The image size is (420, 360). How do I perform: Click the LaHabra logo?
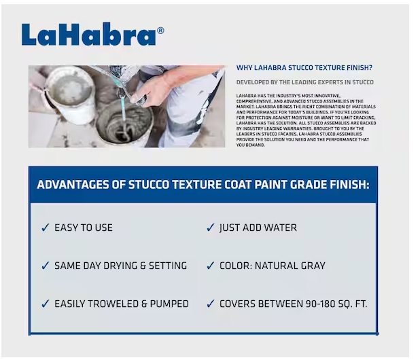pyautogui.click(x=88, y=35)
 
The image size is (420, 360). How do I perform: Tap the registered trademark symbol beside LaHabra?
pyautogui.click(x=160, y=30)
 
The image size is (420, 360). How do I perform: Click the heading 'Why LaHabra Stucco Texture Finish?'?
pyautogui.click(x=304, y=68)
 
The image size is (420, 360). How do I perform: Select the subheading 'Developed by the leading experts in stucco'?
pyautogui.click(x=304, y=82)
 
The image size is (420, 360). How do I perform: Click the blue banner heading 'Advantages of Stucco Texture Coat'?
pyautogui.click(x=203, y=185)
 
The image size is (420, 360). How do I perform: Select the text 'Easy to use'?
pyautogui.click(x=84, y=228)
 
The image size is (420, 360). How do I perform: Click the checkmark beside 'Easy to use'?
pyautogui.click(x=45, y=228)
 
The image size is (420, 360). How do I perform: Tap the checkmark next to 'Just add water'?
pyautogui.click(x=210, y=228)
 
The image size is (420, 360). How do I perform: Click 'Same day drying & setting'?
pyautogui.click(x=120, y=266)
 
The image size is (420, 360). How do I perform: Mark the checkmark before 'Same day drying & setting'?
pyautogui.click(x=45, y=266)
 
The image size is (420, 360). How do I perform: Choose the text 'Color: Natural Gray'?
pyautogui.click(x=272, y=266)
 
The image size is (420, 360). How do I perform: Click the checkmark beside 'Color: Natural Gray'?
pyautogui.click(x=210, y=266)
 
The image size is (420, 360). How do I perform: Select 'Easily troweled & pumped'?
pyautogui.click(x=122, y=304)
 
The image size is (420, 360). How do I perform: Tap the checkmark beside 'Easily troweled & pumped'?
pyautogui.click(x=45, y=304)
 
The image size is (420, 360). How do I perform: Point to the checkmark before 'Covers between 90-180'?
pyautogui.click(x=210, y=304)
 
